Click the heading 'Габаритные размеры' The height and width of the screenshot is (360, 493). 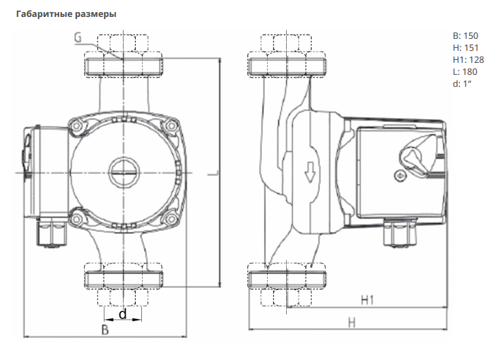point(66,14)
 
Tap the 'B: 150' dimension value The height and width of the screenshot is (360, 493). point(465,36)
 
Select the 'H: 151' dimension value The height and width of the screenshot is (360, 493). point(465,48)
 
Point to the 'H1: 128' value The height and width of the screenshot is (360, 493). point(468,60)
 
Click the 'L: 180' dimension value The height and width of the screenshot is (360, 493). point(465,71)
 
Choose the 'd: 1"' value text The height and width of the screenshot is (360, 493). point(462,83)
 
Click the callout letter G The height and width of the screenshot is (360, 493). point(78,37)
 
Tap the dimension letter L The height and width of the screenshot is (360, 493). point(214,173)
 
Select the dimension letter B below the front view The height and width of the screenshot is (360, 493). point(105,329)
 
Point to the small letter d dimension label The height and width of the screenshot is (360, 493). point(123,313)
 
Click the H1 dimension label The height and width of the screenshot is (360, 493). point(367,300)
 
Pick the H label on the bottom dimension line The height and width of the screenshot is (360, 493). point(352,323)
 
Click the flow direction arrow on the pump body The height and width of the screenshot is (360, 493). point(310,172)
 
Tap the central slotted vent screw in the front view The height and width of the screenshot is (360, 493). point(124,172)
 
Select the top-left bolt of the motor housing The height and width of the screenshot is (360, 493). point(76,126)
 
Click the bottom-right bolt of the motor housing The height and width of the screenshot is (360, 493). point(172,219)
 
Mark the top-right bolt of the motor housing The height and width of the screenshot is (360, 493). point(172,126)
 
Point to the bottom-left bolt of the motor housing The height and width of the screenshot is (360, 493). point(76,219)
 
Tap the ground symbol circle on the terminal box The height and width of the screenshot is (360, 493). point(400,176)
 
